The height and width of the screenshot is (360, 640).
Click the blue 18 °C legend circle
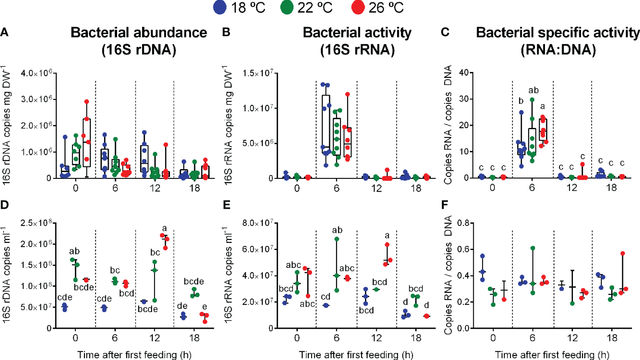pos(220,7)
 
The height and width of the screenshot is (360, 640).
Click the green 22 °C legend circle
pos(287,7)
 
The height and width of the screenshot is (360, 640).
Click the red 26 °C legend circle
pos(357,7)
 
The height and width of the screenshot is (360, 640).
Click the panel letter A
pos(5,32)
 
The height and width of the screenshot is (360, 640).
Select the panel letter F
pos(445,205)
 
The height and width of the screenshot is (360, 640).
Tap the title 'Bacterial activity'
pos(357,32)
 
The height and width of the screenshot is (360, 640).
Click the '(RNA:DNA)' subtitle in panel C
pos(558,50)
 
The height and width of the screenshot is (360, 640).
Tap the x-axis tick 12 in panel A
pos(155,188)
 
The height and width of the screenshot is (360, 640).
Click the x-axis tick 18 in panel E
pos(416,338)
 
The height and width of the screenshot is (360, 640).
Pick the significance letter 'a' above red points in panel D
pos(164,228)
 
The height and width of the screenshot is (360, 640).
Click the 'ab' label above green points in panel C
pos(533,90)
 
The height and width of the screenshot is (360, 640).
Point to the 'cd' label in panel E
pos(326,297)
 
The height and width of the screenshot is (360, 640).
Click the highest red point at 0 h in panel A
pos(87,102)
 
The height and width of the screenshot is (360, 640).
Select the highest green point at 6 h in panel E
pos(337,239)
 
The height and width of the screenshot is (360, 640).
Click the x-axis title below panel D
pos(134,355)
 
